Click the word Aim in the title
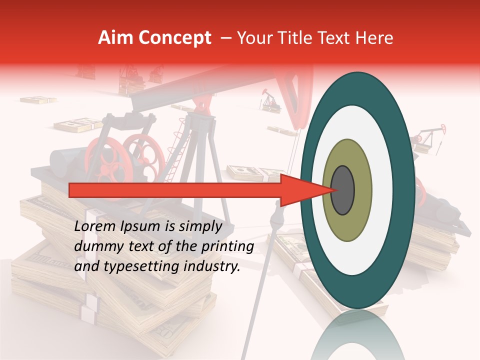pyautogui.click(x=116, y=38)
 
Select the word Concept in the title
pyautogui.click(x=174, y=38)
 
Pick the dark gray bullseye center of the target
pyautogui.click(x=343, y=190)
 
